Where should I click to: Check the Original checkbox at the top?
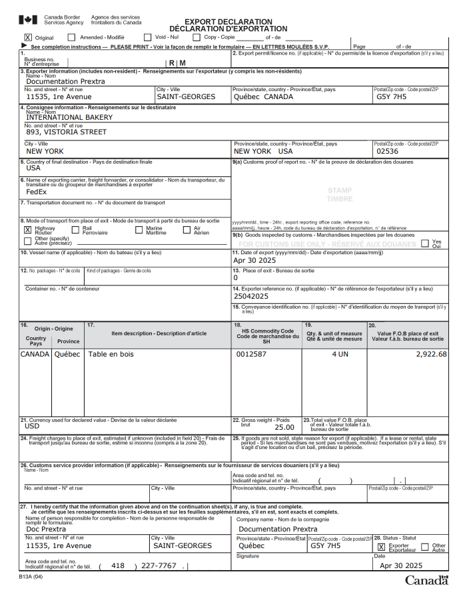[x=28, y=37]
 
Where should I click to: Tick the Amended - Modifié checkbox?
[x=71, y=37]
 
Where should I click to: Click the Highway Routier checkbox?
[x=27, y=229]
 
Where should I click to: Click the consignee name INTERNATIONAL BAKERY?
[x=69, y=117]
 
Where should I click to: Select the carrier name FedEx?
[x=37, y=192]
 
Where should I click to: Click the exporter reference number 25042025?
[x=251, y=296]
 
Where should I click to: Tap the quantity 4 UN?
[x=340, y=354]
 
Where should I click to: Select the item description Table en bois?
[x=111, y=354]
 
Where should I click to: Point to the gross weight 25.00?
[x=284, y=427]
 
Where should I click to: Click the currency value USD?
[x=33, y=426]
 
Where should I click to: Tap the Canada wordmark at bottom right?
[x=426, y=581]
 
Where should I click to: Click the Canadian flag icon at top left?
[x=28, y=21]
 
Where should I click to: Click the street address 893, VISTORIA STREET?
[x=66, y=132]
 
